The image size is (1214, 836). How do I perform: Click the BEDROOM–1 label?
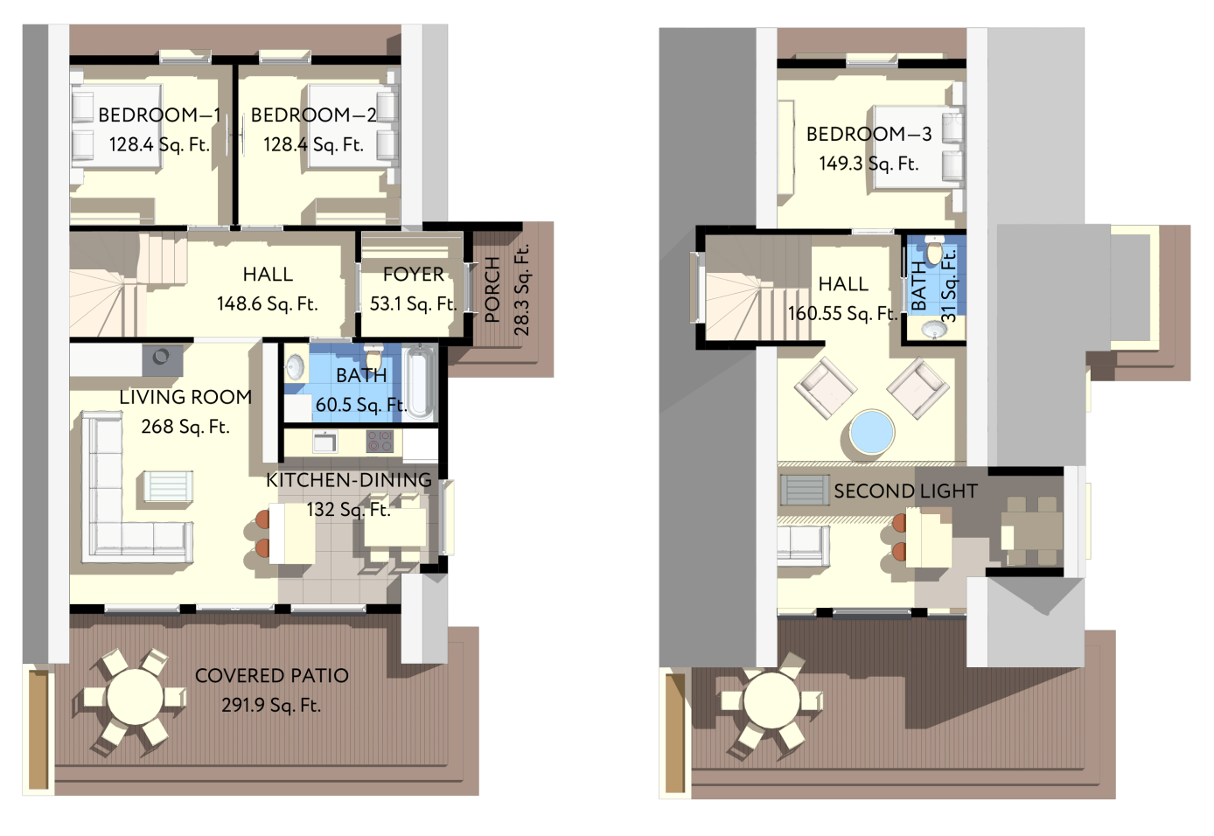(159, 115)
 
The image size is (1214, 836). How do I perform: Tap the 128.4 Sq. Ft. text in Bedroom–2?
(313, 144)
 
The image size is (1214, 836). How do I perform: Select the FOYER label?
(413, 275)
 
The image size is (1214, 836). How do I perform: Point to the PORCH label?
(492, 289)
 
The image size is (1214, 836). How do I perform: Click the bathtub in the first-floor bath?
(421, 382)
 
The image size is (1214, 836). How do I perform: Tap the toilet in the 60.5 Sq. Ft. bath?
(373, 357)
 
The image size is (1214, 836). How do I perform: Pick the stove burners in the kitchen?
(380, 441)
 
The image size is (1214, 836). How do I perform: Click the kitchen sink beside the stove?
(324, 442)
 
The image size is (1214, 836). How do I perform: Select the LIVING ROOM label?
(185, 397)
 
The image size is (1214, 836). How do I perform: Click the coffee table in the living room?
(168, 486)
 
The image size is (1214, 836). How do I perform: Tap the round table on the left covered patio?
(135, 697)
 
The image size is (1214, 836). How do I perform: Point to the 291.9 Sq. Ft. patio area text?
(271, 705)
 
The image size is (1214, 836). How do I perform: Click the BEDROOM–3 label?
(869, 134)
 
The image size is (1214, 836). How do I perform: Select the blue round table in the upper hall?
(871, 432)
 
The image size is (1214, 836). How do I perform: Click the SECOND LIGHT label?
(905, 491)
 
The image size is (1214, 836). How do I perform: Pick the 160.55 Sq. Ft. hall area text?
(842, 313)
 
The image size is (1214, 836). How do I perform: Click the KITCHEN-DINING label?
(348, 480)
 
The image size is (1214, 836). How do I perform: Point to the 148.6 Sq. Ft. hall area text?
(267, 304)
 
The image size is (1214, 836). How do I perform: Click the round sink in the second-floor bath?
(934, 329)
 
